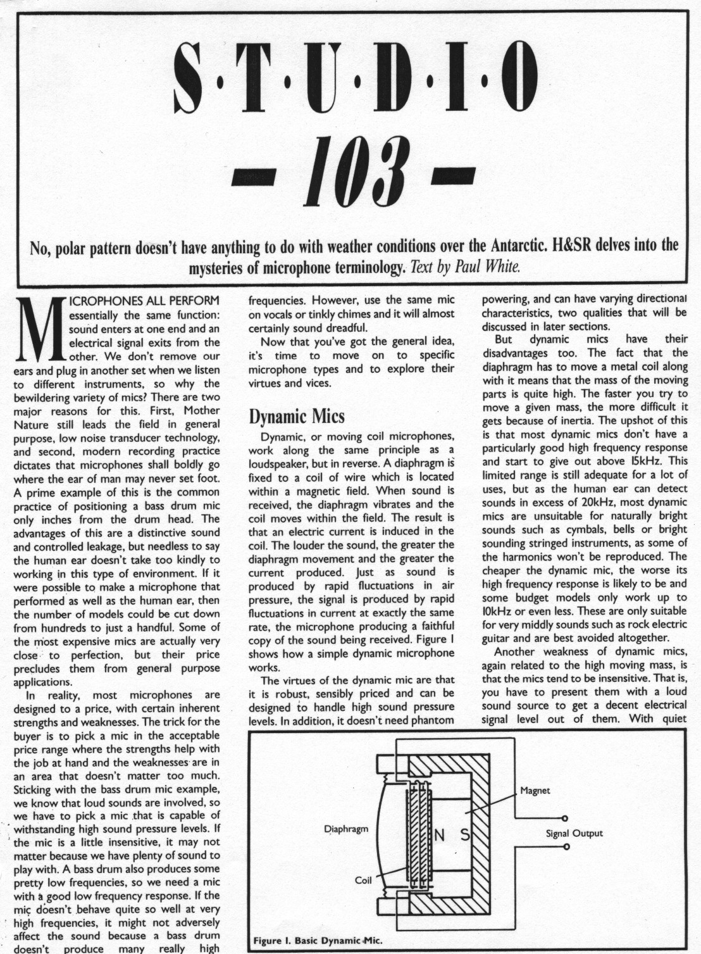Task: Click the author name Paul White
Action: [488, 268]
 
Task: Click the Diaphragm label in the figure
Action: [346, 829]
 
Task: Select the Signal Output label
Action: [574, 833]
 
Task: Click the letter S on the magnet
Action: [464, 836]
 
